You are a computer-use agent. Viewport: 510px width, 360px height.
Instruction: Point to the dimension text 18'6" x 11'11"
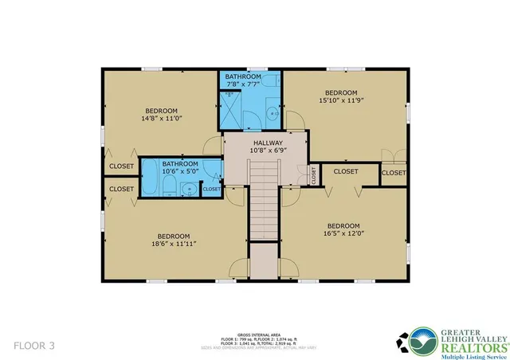pos(173,245)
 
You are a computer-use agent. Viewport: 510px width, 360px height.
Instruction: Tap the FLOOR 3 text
pos(34,345)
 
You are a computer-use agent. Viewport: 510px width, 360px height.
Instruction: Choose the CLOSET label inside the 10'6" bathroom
pos(211,190)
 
